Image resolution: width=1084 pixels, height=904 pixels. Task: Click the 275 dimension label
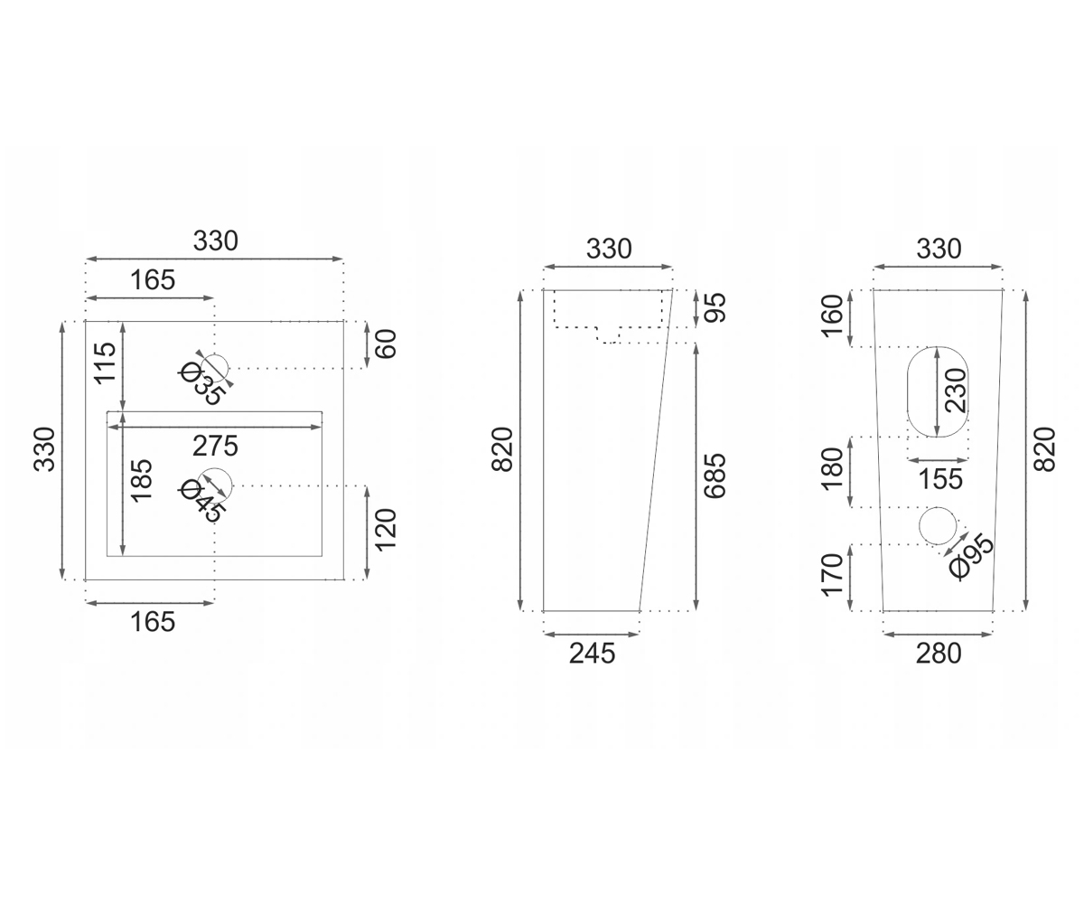(x=215, y=447)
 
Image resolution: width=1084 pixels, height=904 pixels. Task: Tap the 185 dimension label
(x=142, y=480)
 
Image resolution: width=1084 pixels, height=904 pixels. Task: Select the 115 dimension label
(x=105, y=363)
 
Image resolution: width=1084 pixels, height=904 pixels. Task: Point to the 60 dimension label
(x=386, y=344)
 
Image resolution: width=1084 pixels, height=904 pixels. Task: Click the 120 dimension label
(x=386, y=530)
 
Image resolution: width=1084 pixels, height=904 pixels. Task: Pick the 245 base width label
(x=592, y=654)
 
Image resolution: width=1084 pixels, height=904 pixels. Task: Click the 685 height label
(x=715, y=476)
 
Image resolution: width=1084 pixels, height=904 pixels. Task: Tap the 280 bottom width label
(x=939, y=654)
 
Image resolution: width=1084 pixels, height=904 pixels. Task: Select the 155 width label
(x=940, y=479)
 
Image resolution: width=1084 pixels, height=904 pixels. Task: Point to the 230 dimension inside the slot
(x=956, y=391)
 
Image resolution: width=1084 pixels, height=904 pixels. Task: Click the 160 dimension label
(x=832, y=315)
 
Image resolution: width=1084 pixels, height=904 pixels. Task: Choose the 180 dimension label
(x=832, y=468)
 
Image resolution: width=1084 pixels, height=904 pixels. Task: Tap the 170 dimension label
(x=832, y=575)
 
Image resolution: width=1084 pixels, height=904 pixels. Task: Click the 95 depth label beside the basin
(x=715, y=307)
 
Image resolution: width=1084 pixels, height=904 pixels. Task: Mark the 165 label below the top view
(x=153, y=622)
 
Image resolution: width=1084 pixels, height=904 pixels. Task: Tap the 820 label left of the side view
(x=502, y=449)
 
